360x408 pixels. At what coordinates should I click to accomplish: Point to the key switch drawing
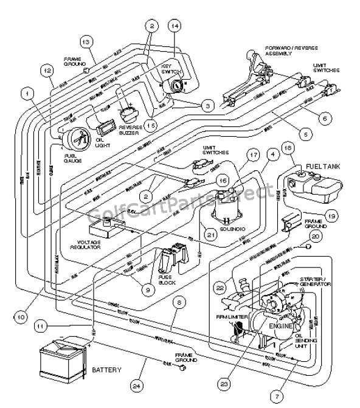click(175, 86)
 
